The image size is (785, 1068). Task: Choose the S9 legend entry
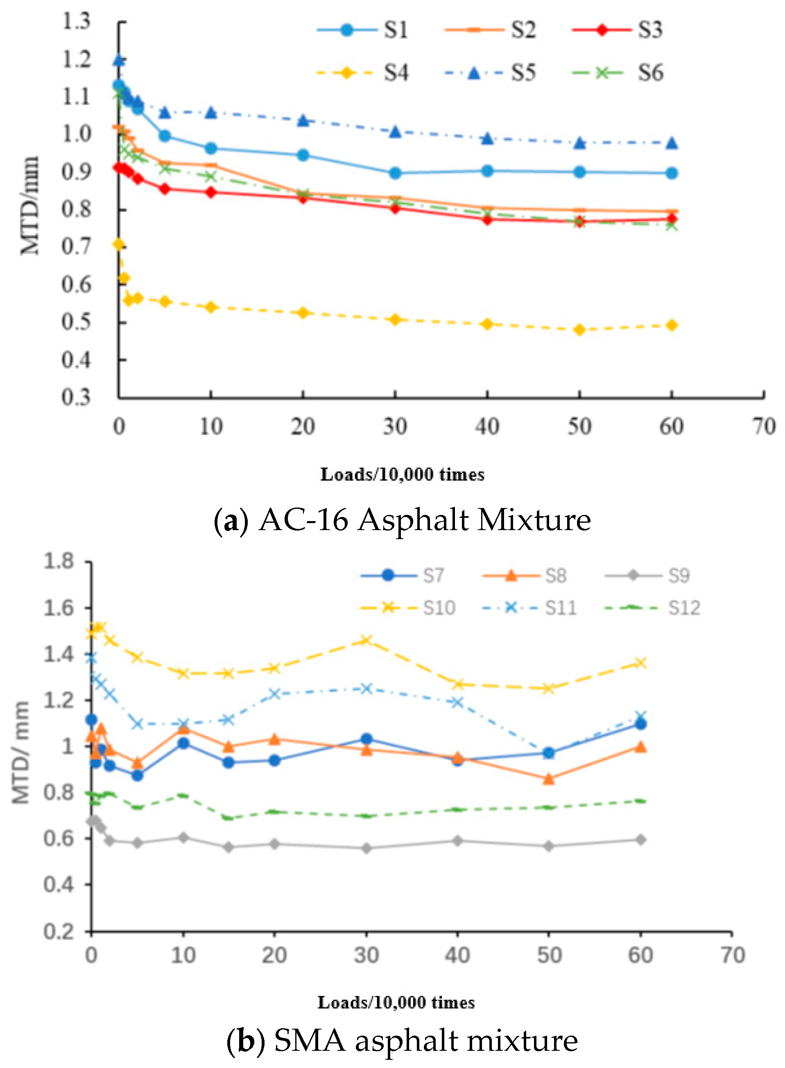tap(678, 576)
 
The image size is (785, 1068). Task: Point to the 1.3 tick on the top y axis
tap(76, 21)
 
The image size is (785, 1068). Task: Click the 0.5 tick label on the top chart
tap(76, 322)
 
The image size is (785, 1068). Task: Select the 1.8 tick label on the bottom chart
tap(59, 561)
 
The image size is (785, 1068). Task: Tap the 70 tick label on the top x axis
tap(764, 426)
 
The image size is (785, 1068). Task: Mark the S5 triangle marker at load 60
tap(672, 143)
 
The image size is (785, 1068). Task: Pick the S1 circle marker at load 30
tap(395, 173)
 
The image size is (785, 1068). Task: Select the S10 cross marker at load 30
tap(366, 640)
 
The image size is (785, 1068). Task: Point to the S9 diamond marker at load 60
tap(640, 840)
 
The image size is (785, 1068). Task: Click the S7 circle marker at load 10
tap(183, 743)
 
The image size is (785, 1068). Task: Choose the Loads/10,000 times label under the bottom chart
tap(396, 1002)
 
